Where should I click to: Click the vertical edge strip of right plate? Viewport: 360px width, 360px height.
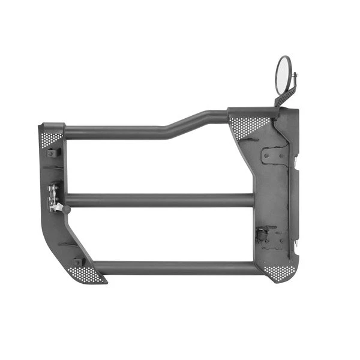click(295, 198)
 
